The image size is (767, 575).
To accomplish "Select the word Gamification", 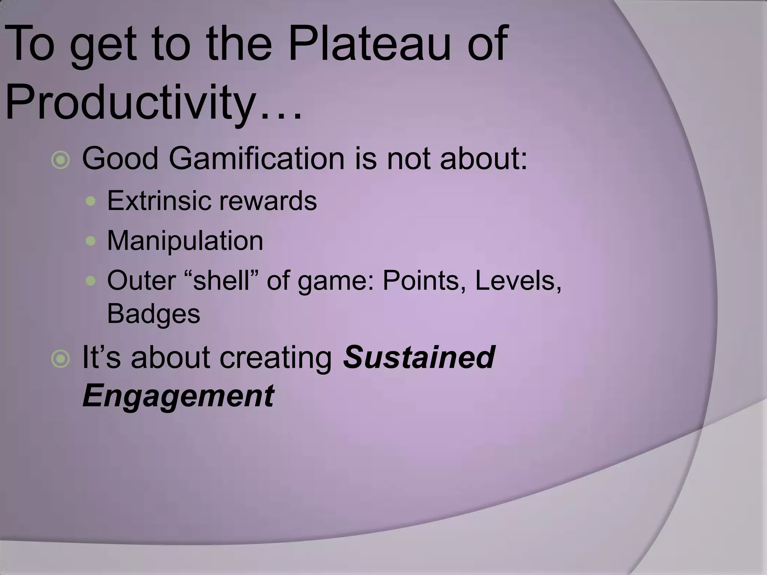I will tap(257, 159).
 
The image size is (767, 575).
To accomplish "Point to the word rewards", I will tap(268, 201).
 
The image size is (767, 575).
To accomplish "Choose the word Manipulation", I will tap(185, 241).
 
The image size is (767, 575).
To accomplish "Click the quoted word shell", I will tap(221, 280).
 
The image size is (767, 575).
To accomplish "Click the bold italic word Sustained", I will tap(419, 357).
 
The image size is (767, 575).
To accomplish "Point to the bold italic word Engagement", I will tap(178, 396).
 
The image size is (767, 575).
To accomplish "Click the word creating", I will tap(276, 358).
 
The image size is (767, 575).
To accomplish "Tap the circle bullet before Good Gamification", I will tap(61, 160).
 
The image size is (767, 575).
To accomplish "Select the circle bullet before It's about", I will tap(61, 359).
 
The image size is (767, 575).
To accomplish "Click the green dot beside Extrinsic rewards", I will tap(91, 201).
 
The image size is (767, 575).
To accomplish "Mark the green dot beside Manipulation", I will tap(91, 241).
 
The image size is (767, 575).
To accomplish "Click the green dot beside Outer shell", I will tap(91, 280).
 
